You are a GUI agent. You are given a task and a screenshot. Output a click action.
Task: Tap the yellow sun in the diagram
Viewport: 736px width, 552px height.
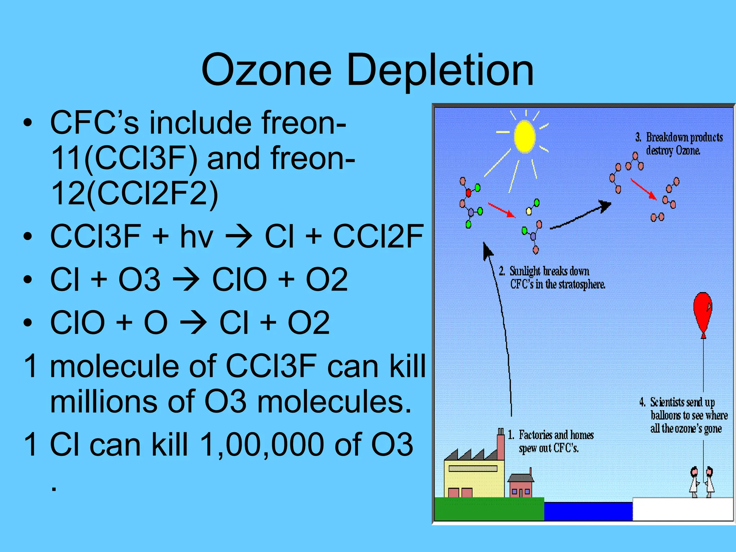pos(524,137)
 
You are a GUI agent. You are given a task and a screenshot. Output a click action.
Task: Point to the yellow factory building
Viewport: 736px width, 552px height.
pos(474,478)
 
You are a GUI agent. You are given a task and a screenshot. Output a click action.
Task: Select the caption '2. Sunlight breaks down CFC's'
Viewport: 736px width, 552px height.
pos(552,277)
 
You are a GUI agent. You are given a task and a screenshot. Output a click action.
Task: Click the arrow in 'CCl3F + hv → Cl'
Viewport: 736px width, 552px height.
pos(239,236)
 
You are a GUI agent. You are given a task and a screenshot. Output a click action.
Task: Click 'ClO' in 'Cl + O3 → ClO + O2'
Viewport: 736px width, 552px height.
pos(239,280)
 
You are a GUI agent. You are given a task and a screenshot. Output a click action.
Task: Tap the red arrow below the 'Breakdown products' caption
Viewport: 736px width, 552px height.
pos(643,189)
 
